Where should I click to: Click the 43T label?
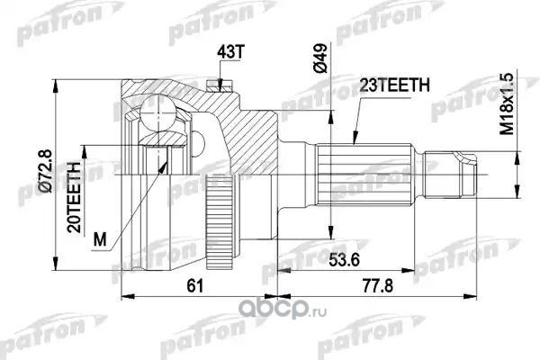point(230,52)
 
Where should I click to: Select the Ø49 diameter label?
point(319,58)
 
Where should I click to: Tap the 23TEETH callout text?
point(395,85)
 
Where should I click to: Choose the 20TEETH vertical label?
point(74,197)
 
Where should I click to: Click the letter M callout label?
point(100,239)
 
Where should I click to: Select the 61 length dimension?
point(195,285)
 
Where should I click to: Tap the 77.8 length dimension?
point(377,285)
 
